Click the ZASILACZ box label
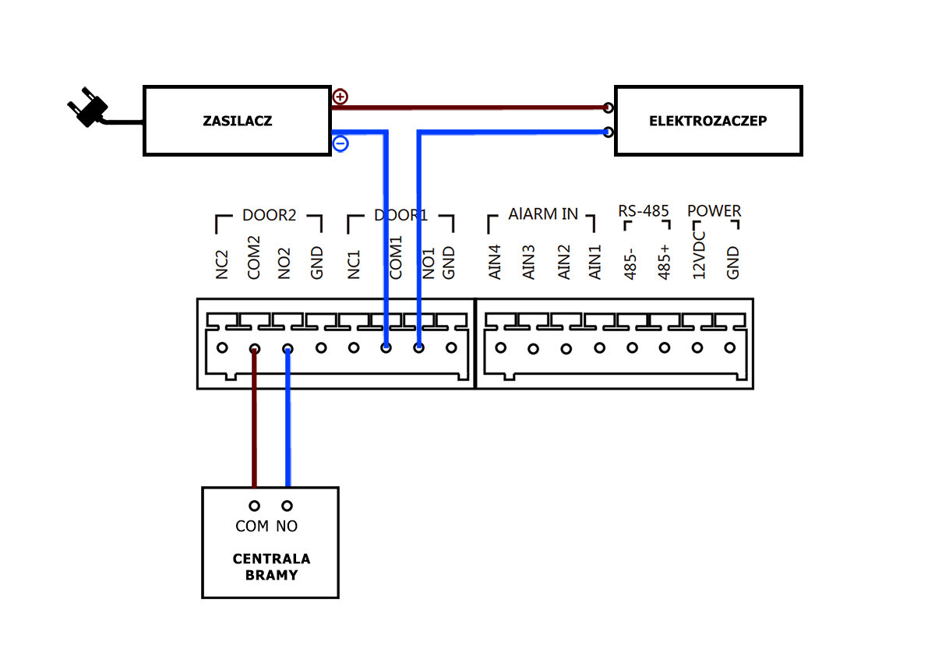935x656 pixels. (238, 122)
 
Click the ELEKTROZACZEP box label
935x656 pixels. (707, 122)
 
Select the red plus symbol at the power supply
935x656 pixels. (340, 97)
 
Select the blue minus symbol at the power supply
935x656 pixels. (340, 144)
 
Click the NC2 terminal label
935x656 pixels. (222, 265)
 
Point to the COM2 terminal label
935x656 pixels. (254, 259)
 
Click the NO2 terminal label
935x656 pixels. (285, 263)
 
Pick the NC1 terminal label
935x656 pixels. (354, 265)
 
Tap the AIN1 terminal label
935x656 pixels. (595, 263)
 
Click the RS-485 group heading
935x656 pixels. (644, 211)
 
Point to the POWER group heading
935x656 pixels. (714, 211)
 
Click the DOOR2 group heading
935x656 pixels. (269, 216)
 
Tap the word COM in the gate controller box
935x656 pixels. (252, 527)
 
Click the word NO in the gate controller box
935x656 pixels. (287, 527)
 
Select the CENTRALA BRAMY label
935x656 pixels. (271, 567)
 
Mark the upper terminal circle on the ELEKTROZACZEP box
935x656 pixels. (609, 108)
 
